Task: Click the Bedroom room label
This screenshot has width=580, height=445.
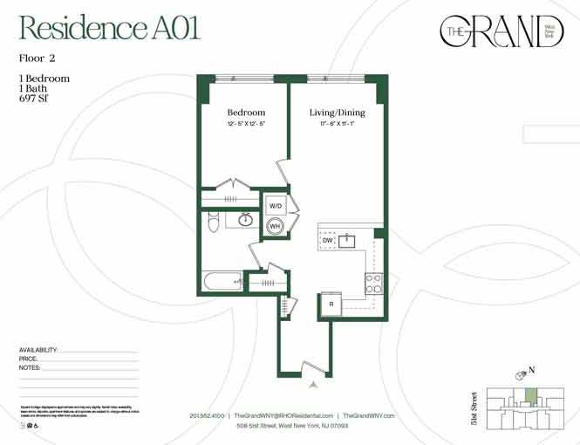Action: (x=246, y=113)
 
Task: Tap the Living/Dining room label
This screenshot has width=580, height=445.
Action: (x=337, y=113)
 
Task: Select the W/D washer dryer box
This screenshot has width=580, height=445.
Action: (x=276, y=206)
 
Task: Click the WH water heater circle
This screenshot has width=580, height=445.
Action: (x=275, y=226)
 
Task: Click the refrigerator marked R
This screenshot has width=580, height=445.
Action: (x=332, y=304)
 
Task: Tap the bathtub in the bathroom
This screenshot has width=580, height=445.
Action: (x=222, y=282)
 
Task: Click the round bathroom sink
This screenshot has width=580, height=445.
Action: (x=247, y=220)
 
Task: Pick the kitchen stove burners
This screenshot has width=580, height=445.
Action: (x=373, y=283)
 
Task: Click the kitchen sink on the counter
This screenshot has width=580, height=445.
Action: (x=348, y=239)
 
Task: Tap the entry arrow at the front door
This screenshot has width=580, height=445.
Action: (x=313, y=381)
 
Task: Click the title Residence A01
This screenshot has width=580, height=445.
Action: (x=109, y=28)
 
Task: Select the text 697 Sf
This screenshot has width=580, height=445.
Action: (x=36, y=98)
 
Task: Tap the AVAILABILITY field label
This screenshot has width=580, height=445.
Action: (x=38, y=350)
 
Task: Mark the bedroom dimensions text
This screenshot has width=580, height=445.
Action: (x=246, y=125)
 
